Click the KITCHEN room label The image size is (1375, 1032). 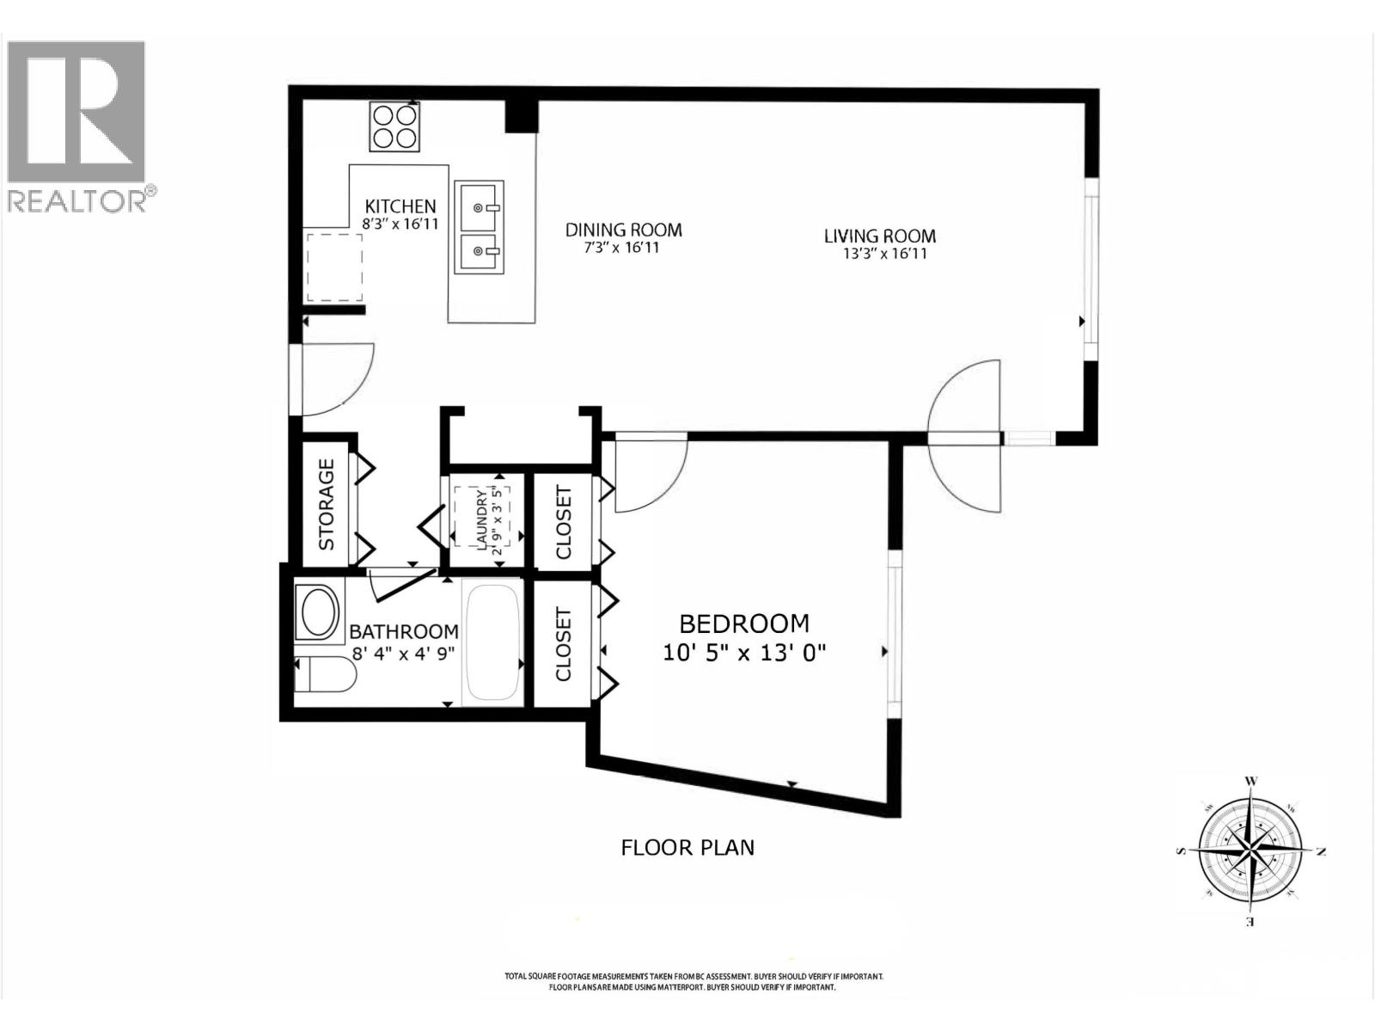[400, 206]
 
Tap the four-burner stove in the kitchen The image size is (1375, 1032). [394, 126]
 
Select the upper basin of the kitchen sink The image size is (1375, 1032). [479, 206]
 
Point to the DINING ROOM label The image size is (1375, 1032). [623, 230]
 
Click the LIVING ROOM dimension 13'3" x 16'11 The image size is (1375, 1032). [886, 254]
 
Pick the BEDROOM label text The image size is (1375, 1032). [744, 623]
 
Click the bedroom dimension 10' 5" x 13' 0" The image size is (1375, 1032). [744, 653]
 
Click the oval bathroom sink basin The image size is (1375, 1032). [316, 612]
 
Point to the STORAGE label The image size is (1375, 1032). [327, 505]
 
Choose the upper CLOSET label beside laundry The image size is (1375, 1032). [564, 522]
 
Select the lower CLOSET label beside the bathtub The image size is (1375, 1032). [564, 644]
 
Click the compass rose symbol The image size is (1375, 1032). [1250, 851]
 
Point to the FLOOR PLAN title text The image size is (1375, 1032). [687, 847]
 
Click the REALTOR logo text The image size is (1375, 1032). [77, 201]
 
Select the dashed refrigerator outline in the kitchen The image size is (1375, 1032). [334, 267]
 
